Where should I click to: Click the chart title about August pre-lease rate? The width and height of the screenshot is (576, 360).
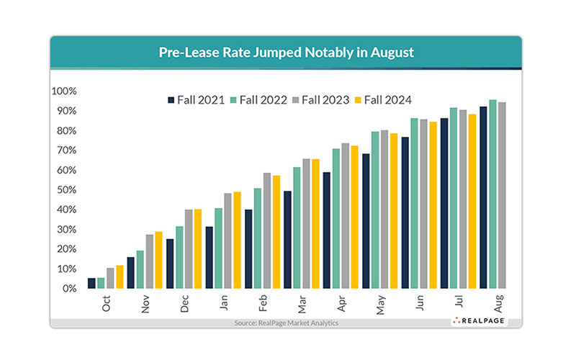[286, 53]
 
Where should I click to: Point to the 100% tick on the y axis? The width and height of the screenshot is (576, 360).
[63, 91]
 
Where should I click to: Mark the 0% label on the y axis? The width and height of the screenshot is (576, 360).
[68, 289]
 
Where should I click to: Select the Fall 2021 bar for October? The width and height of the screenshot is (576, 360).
[91, 283]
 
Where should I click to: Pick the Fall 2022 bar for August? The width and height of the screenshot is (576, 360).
[492, 194]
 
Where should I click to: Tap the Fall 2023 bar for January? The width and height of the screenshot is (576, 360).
[228, 240]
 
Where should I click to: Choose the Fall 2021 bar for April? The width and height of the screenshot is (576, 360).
[327, 230]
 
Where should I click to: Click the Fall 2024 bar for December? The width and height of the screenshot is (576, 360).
[198, 248]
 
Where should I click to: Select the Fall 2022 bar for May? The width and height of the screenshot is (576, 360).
[375, 210]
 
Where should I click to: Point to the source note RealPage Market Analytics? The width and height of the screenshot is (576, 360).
[286, 323]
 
